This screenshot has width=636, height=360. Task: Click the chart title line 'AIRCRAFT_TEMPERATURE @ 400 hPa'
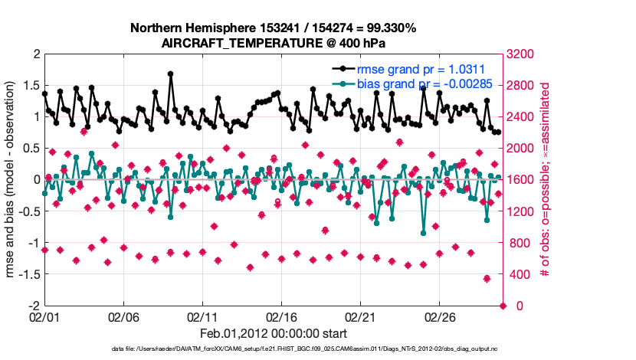click(274, 44)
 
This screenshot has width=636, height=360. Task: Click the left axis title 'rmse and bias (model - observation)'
click(11, 179)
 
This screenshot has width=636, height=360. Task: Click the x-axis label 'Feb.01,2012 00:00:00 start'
click(274, 334)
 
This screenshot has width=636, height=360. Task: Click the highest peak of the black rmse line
click(170, 74)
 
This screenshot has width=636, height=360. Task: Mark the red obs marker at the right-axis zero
click(503, 306)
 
